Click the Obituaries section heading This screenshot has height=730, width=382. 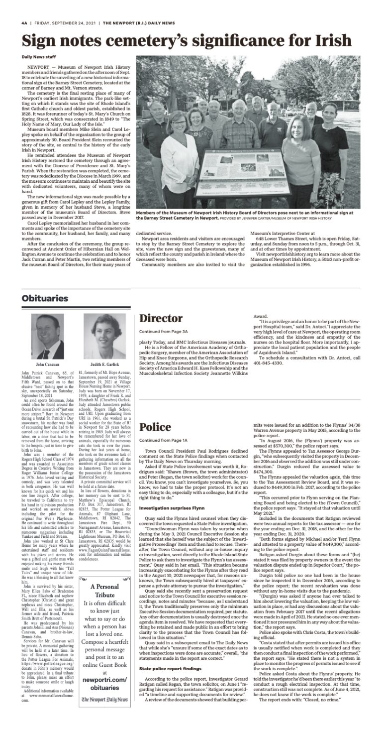[x=45, y=298]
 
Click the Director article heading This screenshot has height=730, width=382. [x=161, y=318]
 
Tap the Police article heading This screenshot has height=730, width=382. [x=155, y=426]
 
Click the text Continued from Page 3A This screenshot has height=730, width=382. [x=163, y=332]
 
